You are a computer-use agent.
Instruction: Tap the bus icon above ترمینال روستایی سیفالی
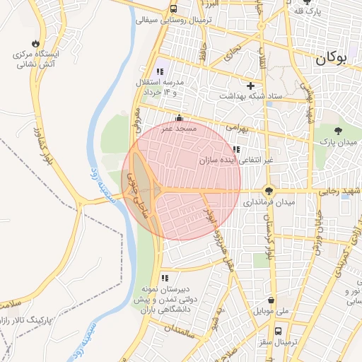174,8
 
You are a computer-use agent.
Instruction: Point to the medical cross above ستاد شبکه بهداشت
250,85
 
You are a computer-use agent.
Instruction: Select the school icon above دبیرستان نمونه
165,278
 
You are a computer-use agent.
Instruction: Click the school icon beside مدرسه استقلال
160,71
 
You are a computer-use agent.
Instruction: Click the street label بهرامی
237,129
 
